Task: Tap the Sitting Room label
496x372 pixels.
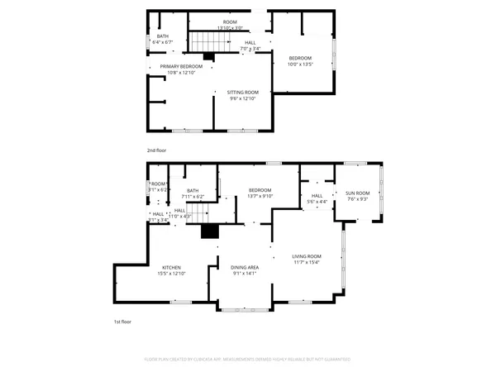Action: click(243, 92)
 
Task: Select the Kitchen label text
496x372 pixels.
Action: click(171, 267)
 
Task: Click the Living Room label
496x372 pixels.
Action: click(306, 256)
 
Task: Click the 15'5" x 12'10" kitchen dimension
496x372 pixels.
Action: click(171, 274)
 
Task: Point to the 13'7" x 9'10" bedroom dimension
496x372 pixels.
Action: click(260, 196)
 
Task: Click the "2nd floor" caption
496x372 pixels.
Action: click(157, 150)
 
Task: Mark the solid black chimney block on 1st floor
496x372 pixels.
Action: click(211, 231)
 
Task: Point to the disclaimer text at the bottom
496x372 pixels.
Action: click(248, 360)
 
